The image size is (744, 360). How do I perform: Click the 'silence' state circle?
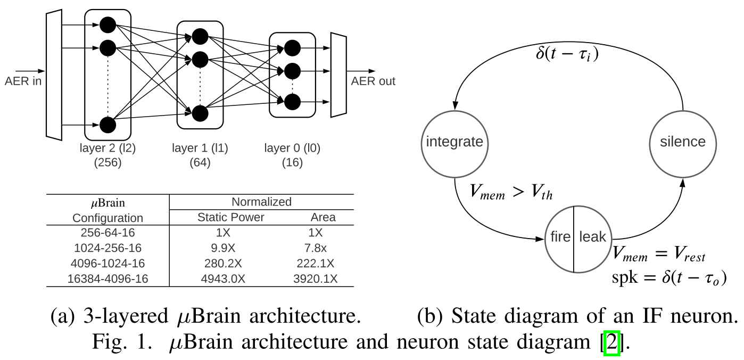[x=682, y=142]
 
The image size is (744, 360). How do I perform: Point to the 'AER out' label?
[x=373, y=81]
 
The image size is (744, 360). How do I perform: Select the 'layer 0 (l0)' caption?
[x=292, y=149]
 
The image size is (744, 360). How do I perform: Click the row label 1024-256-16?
[x=108, y=248]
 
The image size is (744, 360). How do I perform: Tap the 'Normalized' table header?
[x=261, y=202]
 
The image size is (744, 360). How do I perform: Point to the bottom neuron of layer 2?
[x=108, y=125]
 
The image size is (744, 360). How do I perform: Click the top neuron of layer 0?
[x=292, y=48]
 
